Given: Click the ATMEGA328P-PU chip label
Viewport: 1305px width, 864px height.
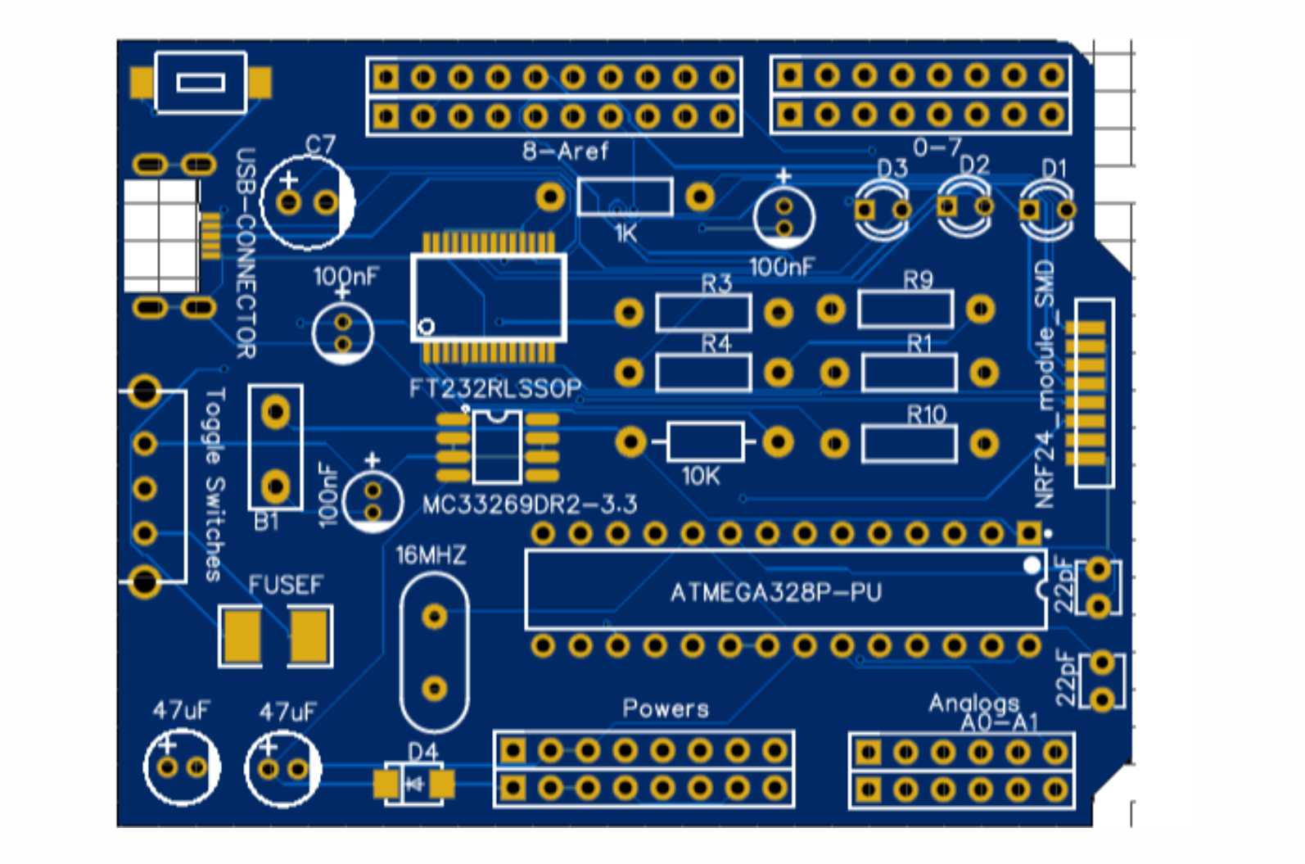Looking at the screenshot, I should pos(775,592).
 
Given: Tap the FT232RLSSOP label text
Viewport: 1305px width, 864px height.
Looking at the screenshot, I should pos(495,387).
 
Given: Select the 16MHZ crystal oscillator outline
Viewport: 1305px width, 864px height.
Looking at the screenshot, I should pos(434,652).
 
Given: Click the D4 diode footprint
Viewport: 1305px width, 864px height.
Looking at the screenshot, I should pos(414,785).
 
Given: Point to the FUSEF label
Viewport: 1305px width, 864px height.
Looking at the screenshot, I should pos(286,585).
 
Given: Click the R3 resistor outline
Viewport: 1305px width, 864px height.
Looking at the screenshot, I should pos(703,313).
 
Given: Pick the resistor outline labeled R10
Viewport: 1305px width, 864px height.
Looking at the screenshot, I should pos(909,444).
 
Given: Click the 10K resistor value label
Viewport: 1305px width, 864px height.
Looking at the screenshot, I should pos(701,476).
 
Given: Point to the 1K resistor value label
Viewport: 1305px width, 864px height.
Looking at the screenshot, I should pos(625,234).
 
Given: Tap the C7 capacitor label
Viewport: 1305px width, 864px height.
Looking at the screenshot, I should pos(320,145).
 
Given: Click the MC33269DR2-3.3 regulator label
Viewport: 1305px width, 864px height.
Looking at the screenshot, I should pos(530,504).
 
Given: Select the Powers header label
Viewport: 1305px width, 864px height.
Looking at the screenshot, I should pos(666,708).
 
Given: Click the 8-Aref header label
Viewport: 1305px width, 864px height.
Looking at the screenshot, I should pos(565,152).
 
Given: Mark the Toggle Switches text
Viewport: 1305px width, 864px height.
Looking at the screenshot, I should pos(213,484).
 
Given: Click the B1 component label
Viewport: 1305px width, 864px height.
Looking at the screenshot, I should pos(266,522).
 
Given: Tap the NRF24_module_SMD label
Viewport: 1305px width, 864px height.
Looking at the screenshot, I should pos(1045,384).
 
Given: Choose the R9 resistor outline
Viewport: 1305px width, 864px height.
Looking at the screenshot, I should pos(905,310).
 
